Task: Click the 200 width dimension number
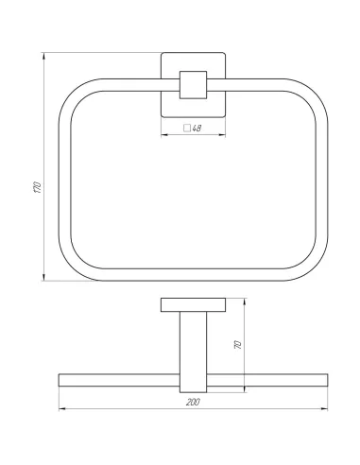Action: (193, 403)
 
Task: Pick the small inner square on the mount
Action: (195, 86)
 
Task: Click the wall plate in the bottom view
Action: (194, 304)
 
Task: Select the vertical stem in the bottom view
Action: (194, 350)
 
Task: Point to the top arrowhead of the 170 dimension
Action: (44, 52)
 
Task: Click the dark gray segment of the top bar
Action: (194, 47)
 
